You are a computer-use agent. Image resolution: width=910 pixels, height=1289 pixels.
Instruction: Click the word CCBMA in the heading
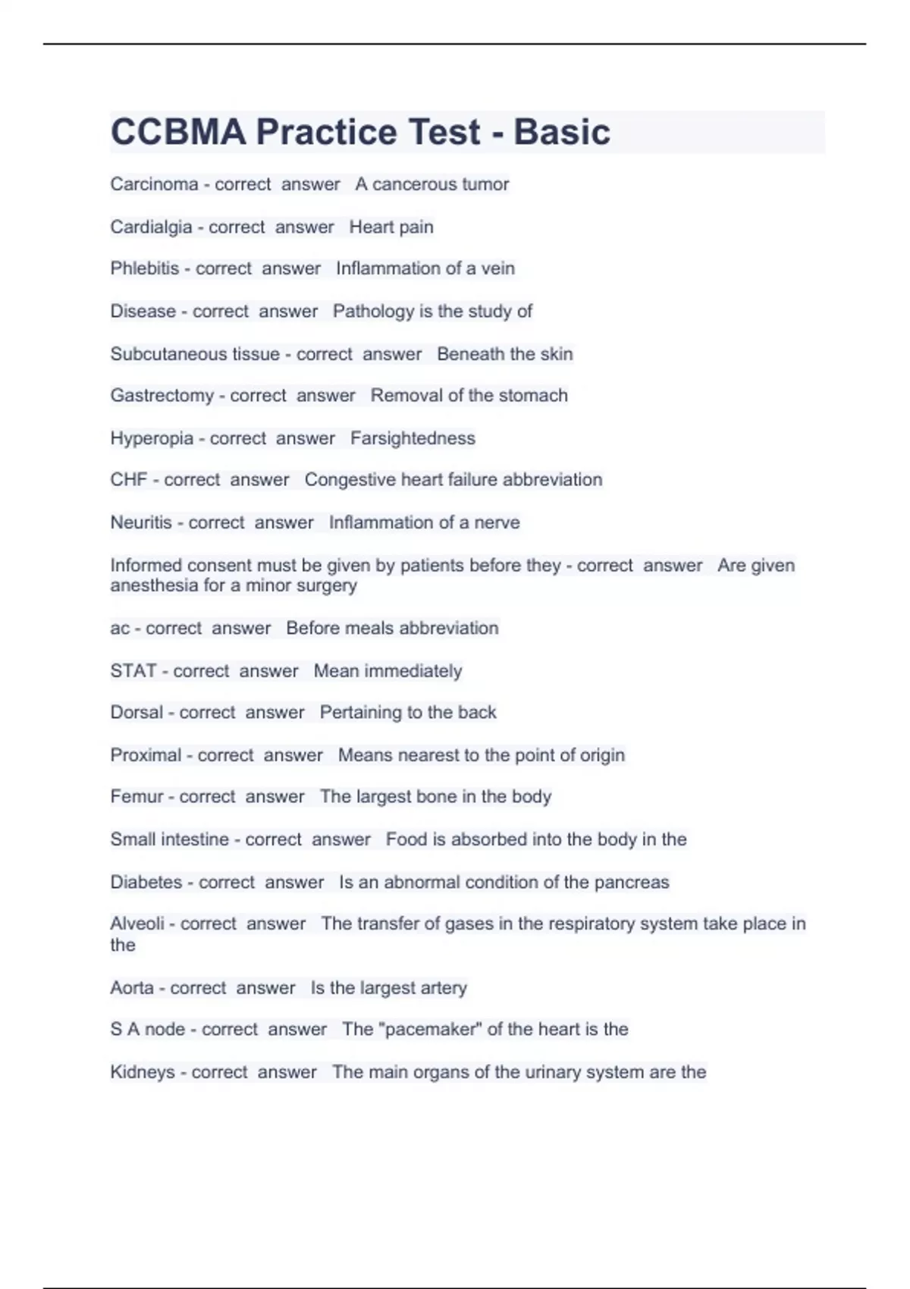pyautogui.click(x=178, y=132)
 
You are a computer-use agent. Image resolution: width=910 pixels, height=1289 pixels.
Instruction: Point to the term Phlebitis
pyautogui.click(x=144, y=268)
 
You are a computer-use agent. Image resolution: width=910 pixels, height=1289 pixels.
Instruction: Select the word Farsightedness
pyautogui.click(x=413, y=438)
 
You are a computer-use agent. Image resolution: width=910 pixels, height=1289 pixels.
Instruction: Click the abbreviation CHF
pyautogui.click(x=129, y=480)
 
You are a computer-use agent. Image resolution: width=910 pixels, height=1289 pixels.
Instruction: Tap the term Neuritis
pyautogui.click(x=141, y=522)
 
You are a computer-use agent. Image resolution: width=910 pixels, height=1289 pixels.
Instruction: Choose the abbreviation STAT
pyautogui.click(x=133, y=671)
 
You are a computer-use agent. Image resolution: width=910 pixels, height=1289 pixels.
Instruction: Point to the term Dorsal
pyautogui.click(x=136, y=713)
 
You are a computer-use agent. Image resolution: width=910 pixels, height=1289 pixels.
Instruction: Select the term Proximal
pyautogui.click(x=146, y=755)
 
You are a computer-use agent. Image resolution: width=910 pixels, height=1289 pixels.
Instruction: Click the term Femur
pyautogui.click(x=136, y=797)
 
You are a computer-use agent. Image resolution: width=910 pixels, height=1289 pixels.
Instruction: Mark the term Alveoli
pyautogui.click(x=137, y=924)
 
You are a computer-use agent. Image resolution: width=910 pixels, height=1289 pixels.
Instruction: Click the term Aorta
pyautogui.click(x=132, y=988)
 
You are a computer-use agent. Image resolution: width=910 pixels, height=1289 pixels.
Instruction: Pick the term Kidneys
pyautogui.click(x=142, y=1072)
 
